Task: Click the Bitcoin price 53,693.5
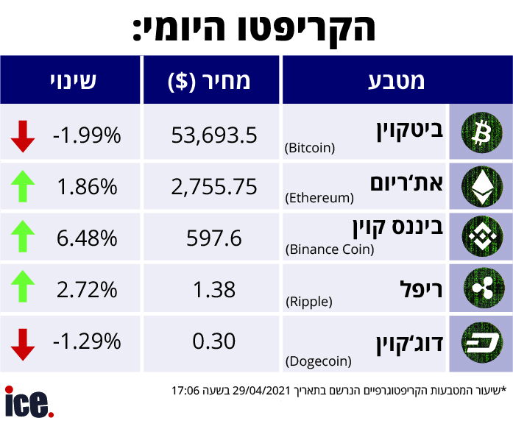[213, 135]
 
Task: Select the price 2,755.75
[213, 187]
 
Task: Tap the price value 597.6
[213, 238]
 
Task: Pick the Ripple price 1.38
[213, 290]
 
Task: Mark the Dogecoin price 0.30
[213, 341]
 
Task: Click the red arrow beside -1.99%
[23, 135]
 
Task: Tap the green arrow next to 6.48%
[23, 238]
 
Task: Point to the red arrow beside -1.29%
[23, 342]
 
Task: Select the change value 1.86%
[87, 187]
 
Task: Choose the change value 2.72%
[87, 290]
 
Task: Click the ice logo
[29, 403]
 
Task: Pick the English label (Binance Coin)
[329, 249]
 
